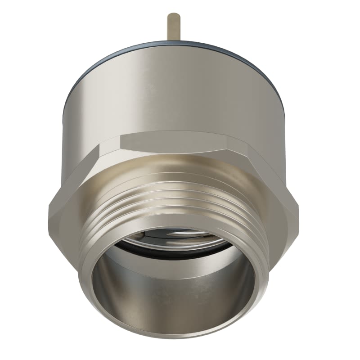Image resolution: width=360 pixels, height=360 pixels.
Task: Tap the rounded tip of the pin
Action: [174, 15]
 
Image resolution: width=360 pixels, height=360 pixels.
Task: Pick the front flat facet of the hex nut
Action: [175, 143]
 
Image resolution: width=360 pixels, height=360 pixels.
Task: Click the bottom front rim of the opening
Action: [175, 335]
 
